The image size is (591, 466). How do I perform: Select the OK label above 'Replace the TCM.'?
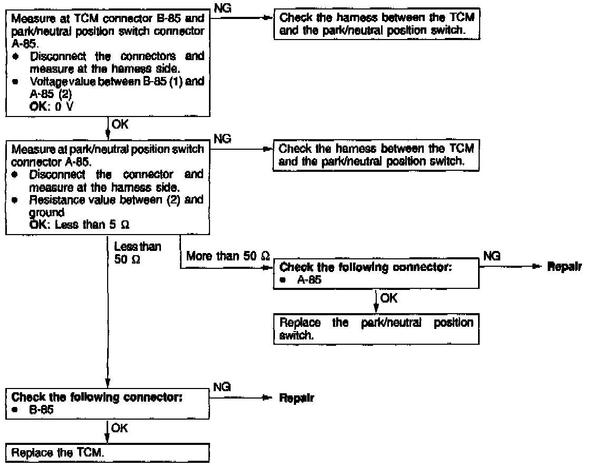pyautogui.click(x=120, y=429)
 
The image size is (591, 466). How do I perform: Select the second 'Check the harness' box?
pyautogui.click(x=376, y=156)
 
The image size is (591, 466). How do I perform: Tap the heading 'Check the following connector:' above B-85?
pyautogui.click(x=97, y=396)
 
